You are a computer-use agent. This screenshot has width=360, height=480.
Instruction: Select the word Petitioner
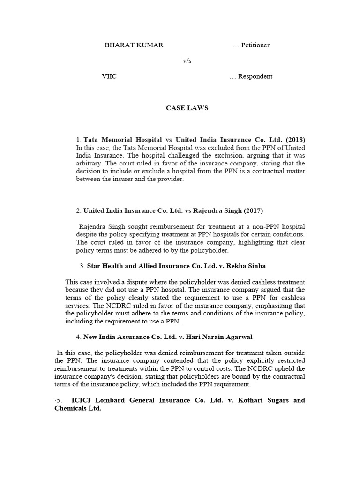255,45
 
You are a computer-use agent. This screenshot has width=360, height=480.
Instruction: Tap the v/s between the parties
187,61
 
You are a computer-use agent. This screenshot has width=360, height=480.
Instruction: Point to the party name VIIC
109,76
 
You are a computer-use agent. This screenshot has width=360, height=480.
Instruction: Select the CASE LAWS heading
187,108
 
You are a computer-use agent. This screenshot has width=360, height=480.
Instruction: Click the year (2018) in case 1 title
295,140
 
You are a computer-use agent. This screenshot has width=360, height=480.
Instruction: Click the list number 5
59,400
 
